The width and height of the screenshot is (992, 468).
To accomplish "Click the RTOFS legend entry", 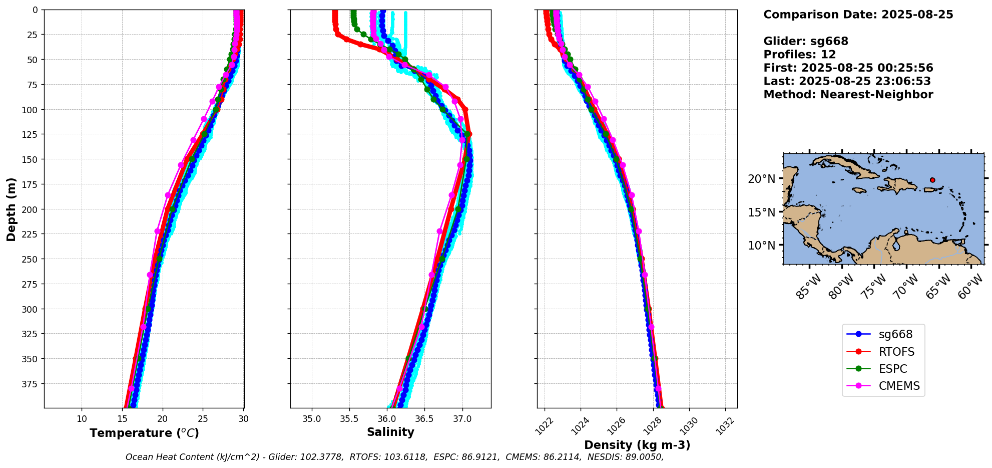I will click(896, 352).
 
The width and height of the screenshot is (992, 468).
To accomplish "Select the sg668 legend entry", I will click(895, 334).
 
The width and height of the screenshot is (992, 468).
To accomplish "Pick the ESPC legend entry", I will click(893, 369).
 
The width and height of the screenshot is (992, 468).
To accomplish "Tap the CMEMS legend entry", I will click(899, 386).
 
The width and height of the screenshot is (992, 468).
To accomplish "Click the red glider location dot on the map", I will click(932, 180).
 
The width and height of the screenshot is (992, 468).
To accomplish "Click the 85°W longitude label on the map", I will click(809, 287).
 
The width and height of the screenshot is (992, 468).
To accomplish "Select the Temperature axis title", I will click(144, 433).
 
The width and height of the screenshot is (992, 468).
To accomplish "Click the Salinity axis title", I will click(390, 432).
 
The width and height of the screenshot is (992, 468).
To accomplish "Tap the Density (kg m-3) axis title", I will click(637, 445).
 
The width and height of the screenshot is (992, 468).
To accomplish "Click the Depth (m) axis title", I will click(11, 209).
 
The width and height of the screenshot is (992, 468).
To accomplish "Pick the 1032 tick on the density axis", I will click(725, 426).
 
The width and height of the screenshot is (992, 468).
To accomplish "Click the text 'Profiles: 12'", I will click(799, 55).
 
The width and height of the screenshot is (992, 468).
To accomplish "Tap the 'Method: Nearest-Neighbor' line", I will click(848, 95).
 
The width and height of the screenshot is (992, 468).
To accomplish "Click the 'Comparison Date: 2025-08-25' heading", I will click(858, 15).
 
